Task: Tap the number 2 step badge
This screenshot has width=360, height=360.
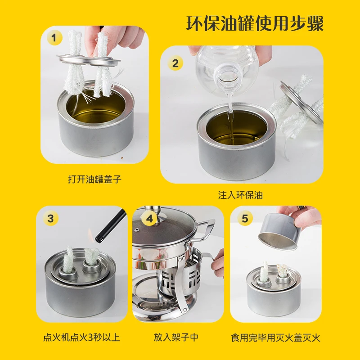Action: pos(175,63)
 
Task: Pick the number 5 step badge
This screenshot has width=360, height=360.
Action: pos(244,219)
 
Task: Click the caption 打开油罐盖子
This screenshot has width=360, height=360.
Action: pos(94,179)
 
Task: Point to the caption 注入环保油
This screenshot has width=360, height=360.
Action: pos(240,195)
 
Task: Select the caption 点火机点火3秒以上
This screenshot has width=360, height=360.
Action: pos(81,337)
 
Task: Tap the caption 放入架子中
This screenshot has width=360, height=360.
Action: pos(178,337)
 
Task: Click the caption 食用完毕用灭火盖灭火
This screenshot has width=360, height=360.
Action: pos(275,337)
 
